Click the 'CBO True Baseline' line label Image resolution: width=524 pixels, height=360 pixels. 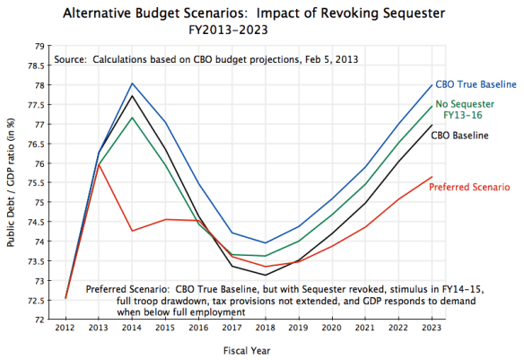click(x=475, y=83)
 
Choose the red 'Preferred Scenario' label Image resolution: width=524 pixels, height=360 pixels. click(x=470, y=187)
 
